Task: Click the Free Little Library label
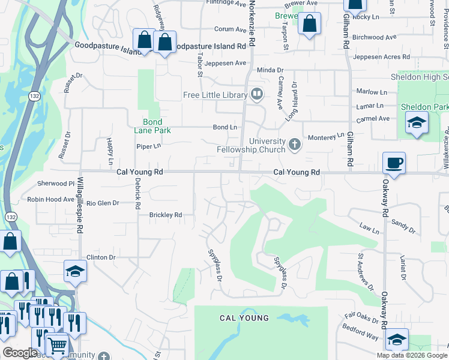(x=215, y=95)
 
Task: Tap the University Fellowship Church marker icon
(x=294, y=144)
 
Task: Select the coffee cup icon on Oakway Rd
(x=394, y=163)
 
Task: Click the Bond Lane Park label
(x=152, y=125)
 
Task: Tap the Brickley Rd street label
(x=166, y=214)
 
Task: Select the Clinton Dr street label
(x=100, y=257)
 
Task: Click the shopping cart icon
(x=57, y=345)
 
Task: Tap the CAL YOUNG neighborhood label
(x=244, y=317)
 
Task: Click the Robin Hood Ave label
(x=50, y=199)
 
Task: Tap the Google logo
(x=20, y=353)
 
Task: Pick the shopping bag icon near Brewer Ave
(x=310, y=25)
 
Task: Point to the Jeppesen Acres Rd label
(x=382, y=57)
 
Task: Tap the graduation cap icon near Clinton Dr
(x=76, y=271)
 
